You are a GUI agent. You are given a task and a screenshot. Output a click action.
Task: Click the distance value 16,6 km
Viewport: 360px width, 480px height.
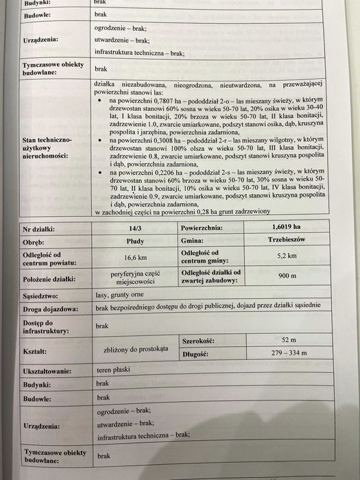[125, 258]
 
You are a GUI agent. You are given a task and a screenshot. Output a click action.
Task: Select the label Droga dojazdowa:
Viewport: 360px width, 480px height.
[49, 309]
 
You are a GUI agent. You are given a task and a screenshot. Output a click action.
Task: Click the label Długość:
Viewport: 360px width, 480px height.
[197, 355]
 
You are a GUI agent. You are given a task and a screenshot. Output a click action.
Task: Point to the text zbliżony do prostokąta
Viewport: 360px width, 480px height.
[134, 349]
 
